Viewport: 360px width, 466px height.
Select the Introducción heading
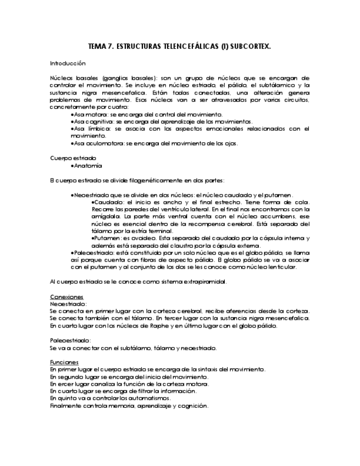tap(68, 64)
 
